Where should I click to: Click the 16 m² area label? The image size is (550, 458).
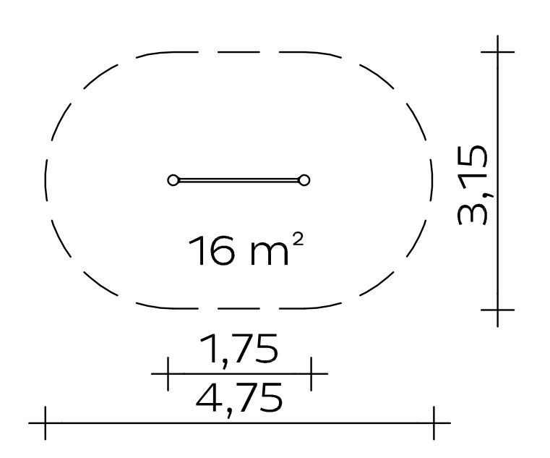tap(246, 250)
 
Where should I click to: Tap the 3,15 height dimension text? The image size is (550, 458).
tap(473, 185)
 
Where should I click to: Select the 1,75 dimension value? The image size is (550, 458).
tap(239, 349)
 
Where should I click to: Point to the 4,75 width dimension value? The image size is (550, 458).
tap(239, 398)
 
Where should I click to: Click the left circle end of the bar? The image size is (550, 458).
tap(173, 180)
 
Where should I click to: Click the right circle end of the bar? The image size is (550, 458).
tap(304, 180)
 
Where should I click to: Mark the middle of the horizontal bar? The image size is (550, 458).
tap(239, 180)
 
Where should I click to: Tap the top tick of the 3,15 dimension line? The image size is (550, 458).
tap(497, 52)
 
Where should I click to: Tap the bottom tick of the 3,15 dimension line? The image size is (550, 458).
tap(497, 310)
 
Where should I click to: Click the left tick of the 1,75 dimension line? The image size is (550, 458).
tap(168, 373)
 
